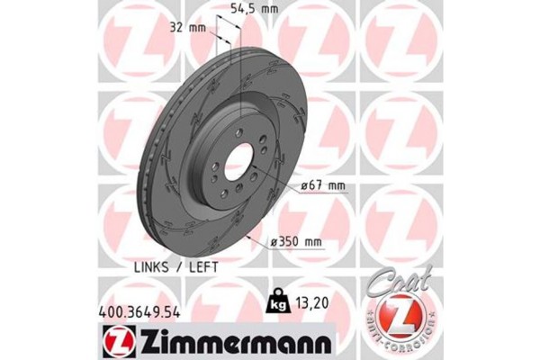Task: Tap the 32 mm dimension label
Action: click(x=192, y=27)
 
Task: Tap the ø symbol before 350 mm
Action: click(x=273, y=240)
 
